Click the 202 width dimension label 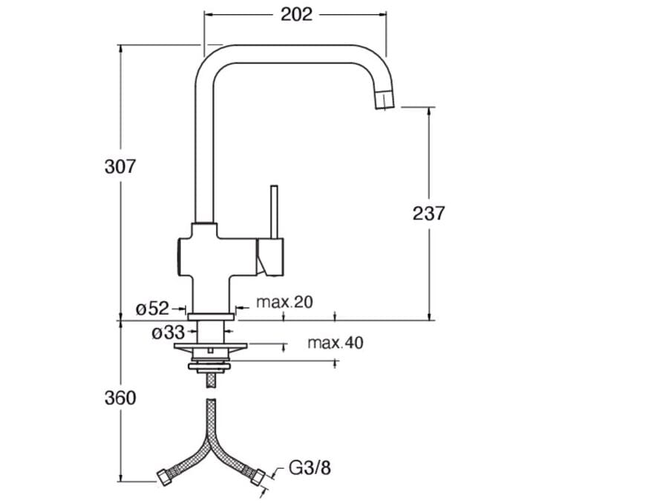point(296,14)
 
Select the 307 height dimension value point(120,166)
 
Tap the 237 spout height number point(428,213)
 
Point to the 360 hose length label point(120,398)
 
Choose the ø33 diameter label point(167,333)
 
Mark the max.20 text point(284,301)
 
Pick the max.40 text point(335,343)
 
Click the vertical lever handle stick point(273,211)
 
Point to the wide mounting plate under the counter point(211,346)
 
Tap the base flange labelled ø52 point(211,317)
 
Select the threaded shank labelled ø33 point(211,331)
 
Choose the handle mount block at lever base point(269,257)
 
